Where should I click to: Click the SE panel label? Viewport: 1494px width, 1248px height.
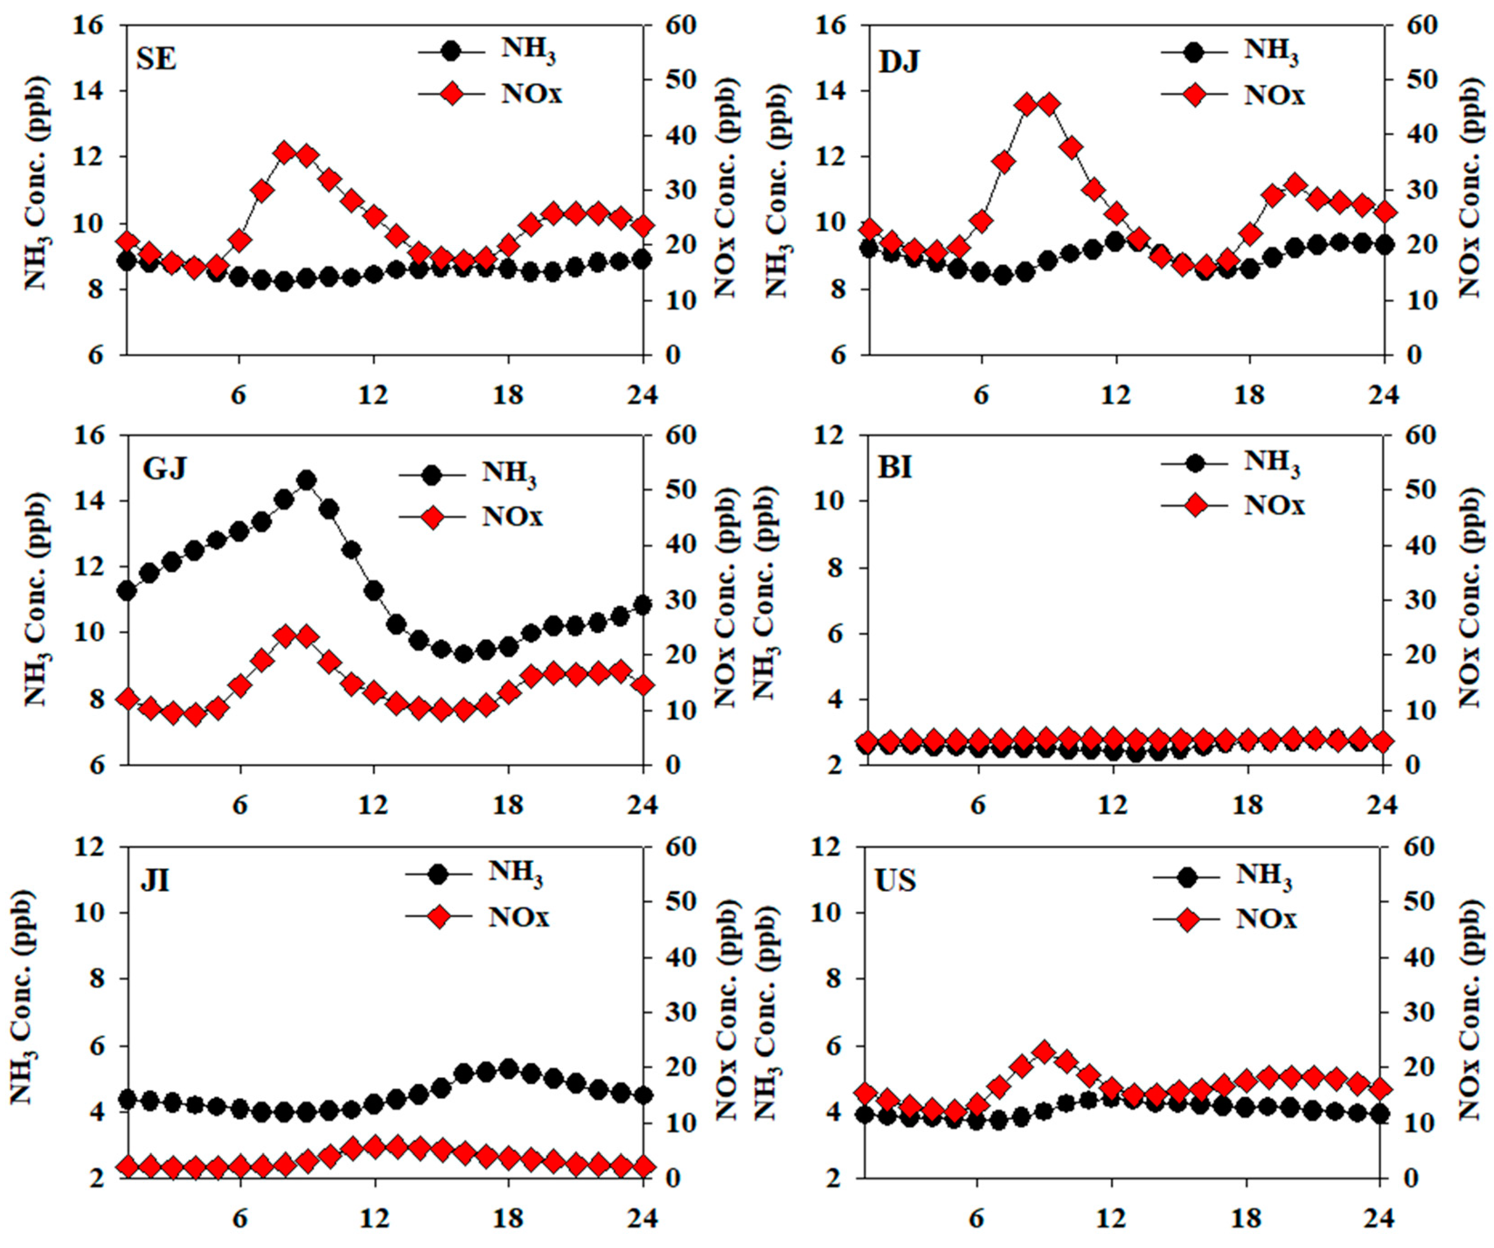(x=156, y=59)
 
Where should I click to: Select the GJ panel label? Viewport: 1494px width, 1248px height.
(x=164, y=469)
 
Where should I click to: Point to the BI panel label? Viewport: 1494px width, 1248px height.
(x=895, y=469)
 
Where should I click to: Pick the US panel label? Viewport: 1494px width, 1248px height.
(x=895, y=880)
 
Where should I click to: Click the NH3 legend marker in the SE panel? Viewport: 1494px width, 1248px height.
(x=451, y=51)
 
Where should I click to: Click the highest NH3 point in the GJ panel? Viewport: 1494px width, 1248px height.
(x=307, y=481)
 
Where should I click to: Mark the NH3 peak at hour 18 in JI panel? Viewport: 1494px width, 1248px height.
(x=508, y=1069)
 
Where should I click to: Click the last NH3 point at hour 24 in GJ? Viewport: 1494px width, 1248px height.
(x=643, y=605)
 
